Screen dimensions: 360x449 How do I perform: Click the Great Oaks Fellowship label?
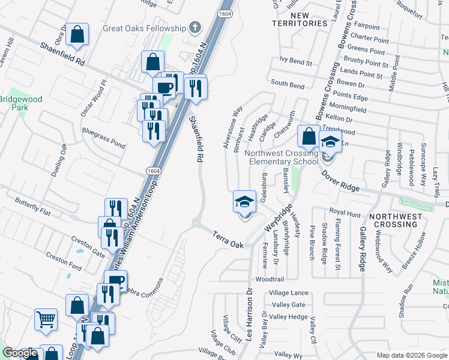point(144,28)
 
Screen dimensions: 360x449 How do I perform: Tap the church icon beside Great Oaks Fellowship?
point(194,28)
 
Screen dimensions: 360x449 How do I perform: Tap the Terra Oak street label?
point(229,239)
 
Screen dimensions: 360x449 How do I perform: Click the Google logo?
point(20,353)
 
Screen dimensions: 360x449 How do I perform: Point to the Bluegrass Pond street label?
point(104,137)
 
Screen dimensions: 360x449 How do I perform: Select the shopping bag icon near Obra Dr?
point(77,35)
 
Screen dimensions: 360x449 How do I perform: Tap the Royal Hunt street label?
point(345,212)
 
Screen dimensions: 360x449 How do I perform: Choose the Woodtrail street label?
point(269,280)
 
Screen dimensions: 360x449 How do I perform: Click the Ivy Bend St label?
point(296,62)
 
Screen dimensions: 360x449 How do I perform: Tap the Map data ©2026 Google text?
point(411,355)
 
